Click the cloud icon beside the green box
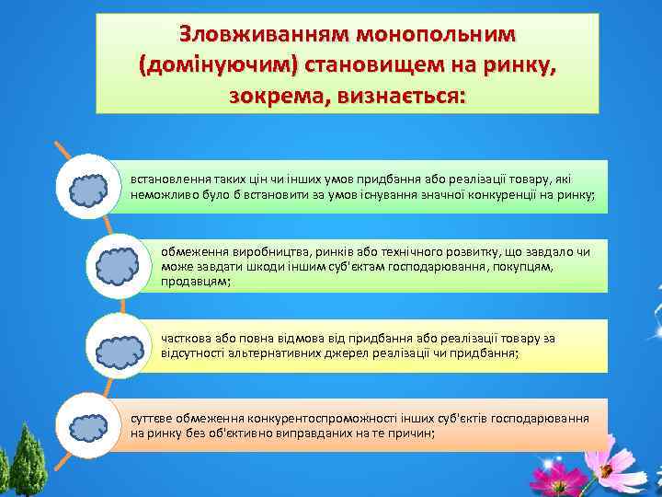[89, 189]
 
